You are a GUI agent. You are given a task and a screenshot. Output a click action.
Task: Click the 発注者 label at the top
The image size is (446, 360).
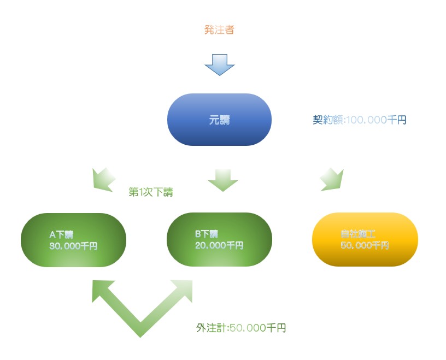click(x=219, y=30)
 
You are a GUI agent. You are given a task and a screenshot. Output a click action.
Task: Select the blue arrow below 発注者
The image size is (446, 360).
click(x=219, y=64)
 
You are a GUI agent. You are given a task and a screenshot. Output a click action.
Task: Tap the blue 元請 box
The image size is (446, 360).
click(x=219, y=120)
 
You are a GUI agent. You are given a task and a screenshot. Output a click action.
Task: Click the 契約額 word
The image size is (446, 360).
click(x=326, y=120)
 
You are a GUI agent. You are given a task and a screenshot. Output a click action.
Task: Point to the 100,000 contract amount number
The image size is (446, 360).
click(x=366, y=120)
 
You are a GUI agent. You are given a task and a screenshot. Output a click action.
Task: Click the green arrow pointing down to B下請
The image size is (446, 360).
click(x=222, y=180)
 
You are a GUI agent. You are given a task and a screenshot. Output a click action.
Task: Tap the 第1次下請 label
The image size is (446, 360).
click(x=155, y=192)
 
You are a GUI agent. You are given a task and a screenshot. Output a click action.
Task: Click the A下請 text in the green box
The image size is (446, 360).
click(x=61, y=235)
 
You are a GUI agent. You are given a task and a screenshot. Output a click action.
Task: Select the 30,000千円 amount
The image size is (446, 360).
click(x=73, y=246)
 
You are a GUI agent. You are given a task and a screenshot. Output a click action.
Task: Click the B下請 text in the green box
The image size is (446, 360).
click(x=207, y=234)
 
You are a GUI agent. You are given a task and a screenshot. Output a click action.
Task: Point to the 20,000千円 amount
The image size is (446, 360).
click(x=219, y=245)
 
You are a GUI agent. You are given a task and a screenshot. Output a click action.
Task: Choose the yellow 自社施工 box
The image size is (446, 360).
click(x=365, y=239)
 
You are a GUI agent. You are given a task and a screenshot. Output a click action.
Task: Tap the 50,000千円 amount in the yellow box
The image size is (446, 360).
click(x=364, y=246)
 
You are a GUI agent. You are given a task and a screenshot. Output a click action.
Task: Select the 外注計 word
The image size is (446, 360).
click(x=209, y=328)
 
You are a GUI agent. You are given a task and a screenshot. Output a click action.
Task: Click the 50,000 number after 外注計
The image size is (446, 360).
click(x=247, y=328)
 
